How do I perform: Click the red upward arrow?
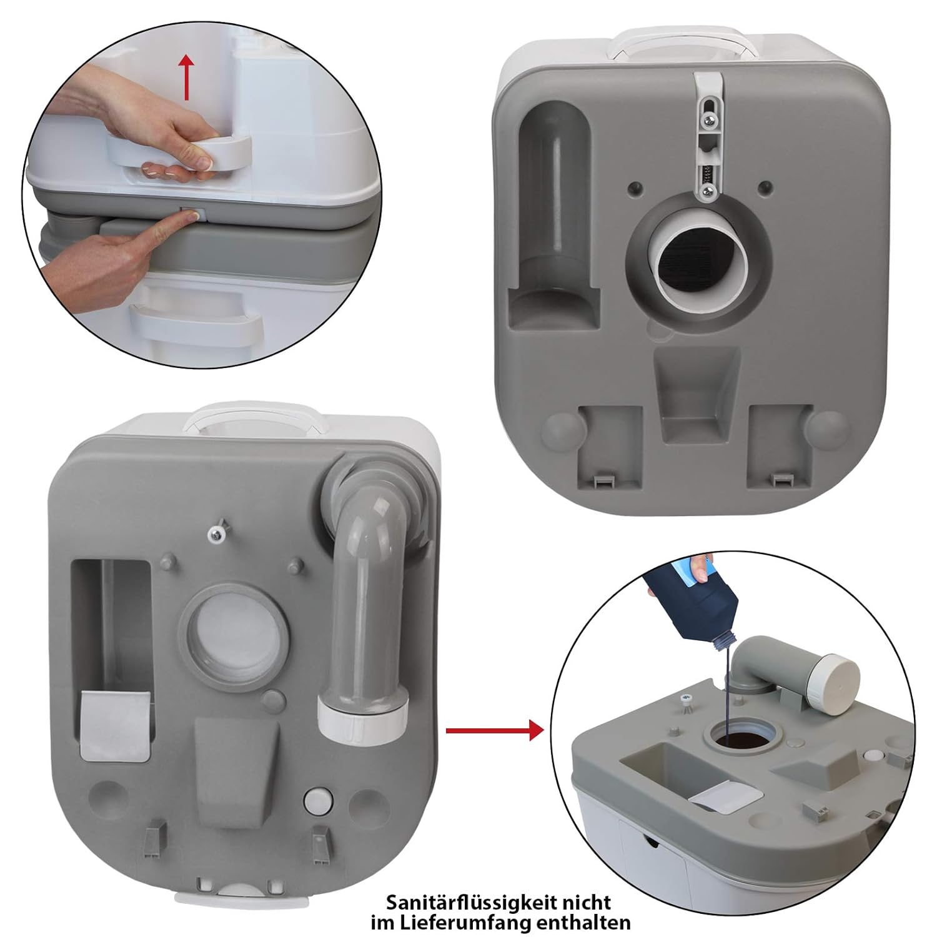(186, 77)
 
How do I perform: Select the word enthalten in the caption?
(590, 922)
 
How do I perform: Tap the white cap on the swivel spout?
(840, 679)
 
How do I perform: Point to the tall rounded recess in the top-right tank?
(554, 212)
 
